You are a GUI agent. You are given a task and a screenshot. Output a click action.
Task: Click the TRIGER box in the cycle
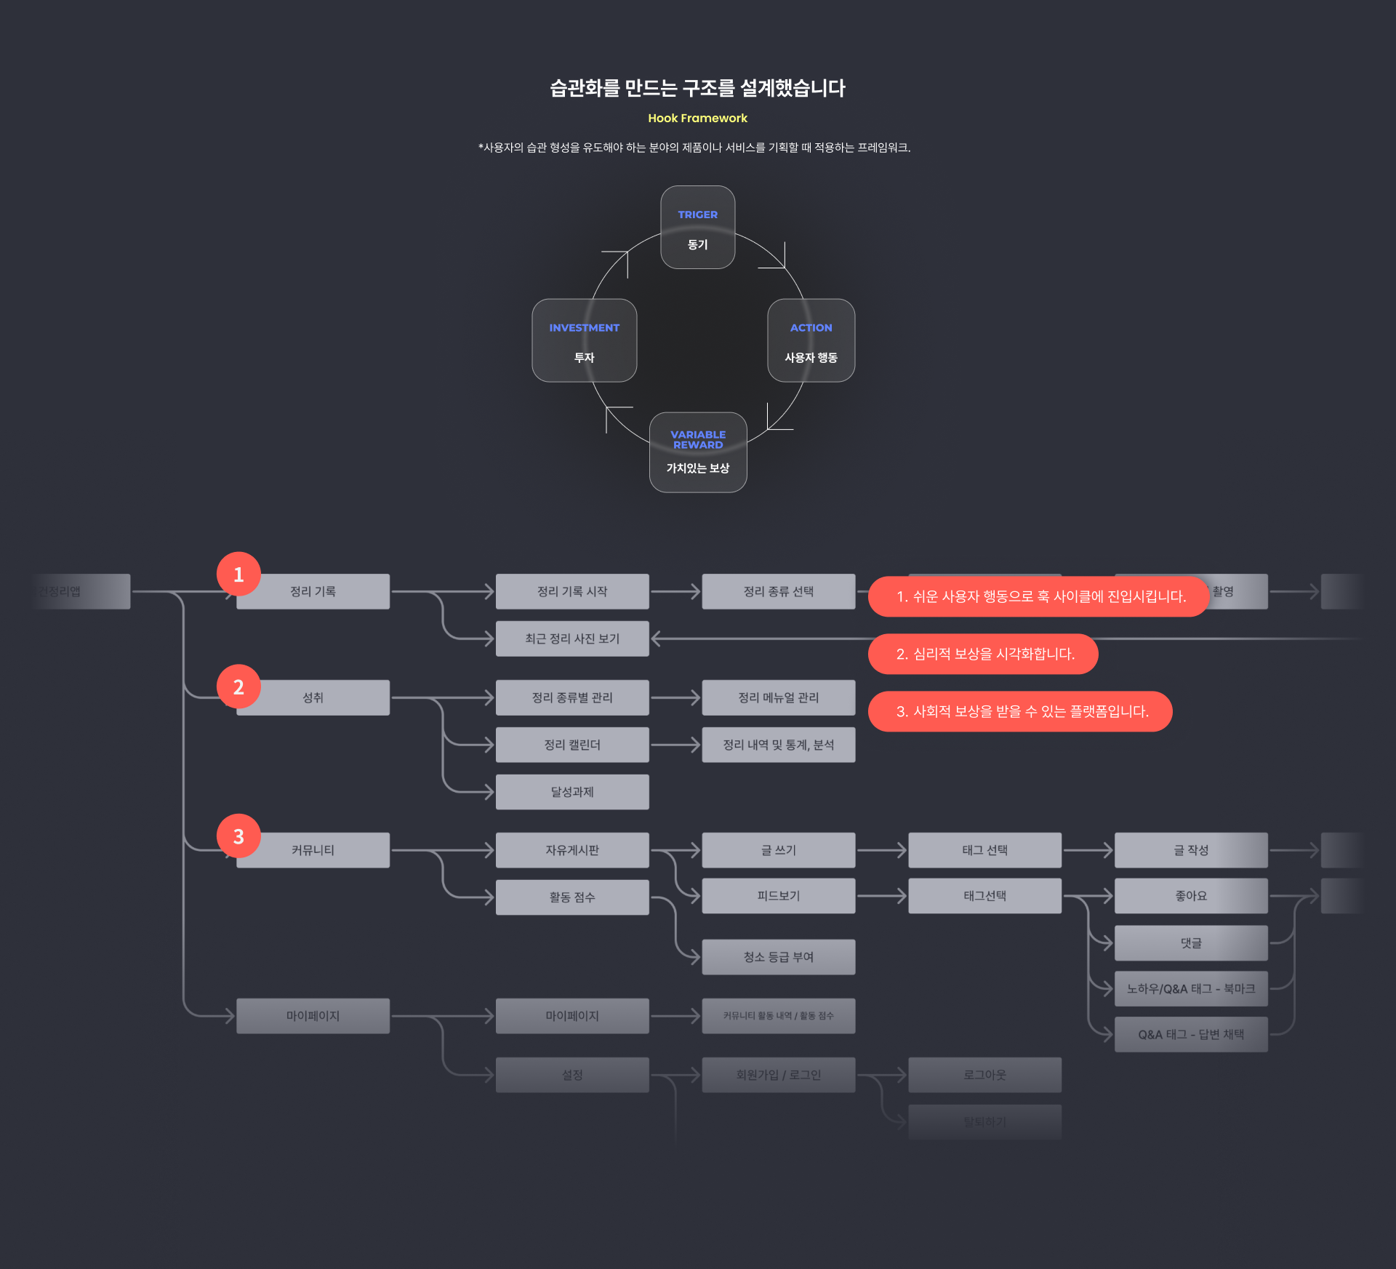tap(697, 228)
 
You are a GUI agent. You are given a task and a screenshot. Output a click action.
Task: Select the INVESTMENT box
tap(584, 340)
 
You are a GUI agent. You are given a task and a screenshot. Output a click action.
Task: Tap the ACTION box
tap(811, 340)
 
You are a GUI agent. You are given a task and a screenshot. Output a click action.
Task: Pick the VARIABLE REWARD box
tap(697, 452)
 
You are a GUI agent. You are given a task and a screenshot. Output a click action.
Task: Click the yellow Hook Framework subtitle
tap(697, 118)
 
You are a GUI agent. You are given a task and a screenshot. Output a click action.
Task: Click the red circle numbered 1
tap(238, 575)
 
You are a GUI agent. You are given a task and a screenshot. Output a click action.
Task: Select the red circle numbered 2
tap(238, 687)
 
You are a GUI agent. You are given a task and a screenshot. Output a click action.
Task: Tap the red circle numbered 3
tap(238, 836)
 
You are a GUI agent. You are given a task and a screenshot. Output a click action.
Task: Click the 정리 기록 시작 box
tap(572, 591)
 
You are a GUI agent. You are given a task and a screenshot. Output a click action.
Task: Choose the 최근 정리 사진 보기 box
tap(572, 638)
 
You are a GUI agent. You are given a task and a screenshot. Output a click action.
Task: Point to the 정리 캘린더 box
tap(572, 745)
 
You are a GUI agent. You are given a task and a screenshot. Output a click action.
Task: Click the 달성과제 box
tap(572, 792)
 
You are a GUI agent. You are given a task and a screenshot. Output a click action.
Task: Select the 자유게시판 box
tap(572, 850)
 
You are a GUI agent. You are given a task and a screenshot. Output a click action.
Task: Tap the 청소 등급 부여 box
tap(778, 957)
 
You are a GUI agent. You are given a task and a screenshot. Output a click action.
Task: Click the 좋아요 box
tap(1191, 896)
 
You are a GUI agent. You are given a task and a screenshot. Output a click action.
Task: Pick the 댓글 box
tap(1191, 943)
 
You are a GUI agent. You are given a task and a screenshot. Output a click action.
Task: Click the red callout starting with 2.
tap(982, 654)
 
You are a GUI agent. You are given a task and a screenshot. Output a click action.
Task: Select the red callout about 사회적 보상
tap(1019, 711)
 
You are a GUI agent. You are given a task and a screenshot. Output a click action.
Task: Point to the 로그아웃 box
tap(984, 1075)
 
